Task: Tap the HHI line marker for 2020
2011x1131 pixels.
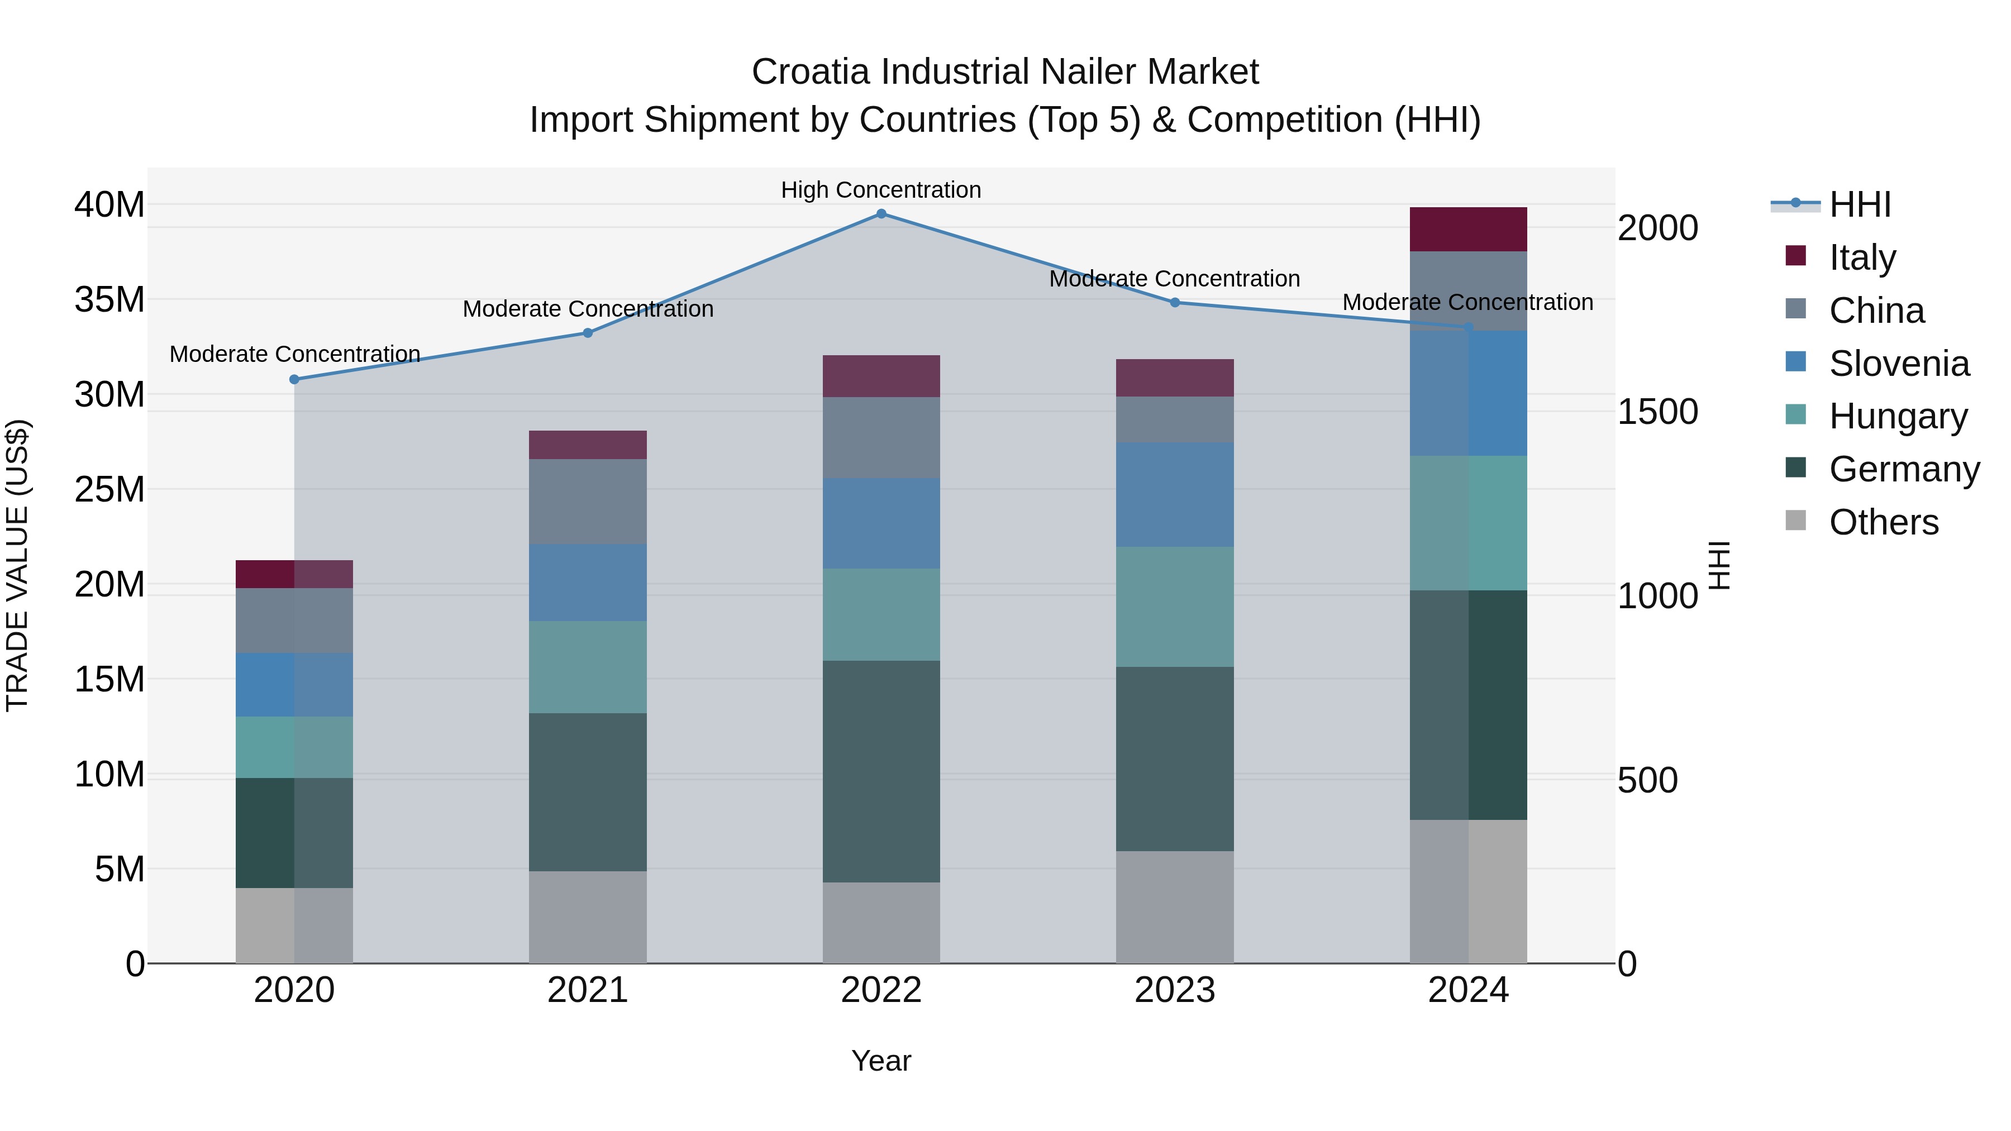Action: (294, 379)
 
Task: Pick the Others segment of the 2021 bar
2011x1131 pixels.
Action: (587, 917)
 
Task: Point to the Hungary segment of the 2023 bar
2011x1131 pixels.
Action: (1174, 607)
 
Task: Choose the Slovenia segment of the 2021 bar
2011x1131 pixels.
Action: (587, 583)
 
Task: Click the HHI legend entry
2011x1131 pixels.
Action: (1858, 204)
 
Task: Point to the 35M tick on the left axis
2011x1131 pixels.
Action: (109, 300)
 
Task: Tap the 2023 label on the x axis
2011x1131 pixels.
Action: (1174, 990)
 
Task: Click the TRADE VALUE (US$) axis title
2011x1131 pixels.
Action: (17, 565)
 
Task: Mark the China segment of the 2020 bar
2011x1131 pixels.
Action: (294, 621)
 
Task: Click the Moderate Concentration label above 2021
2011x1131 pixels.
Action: (587, 309)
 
